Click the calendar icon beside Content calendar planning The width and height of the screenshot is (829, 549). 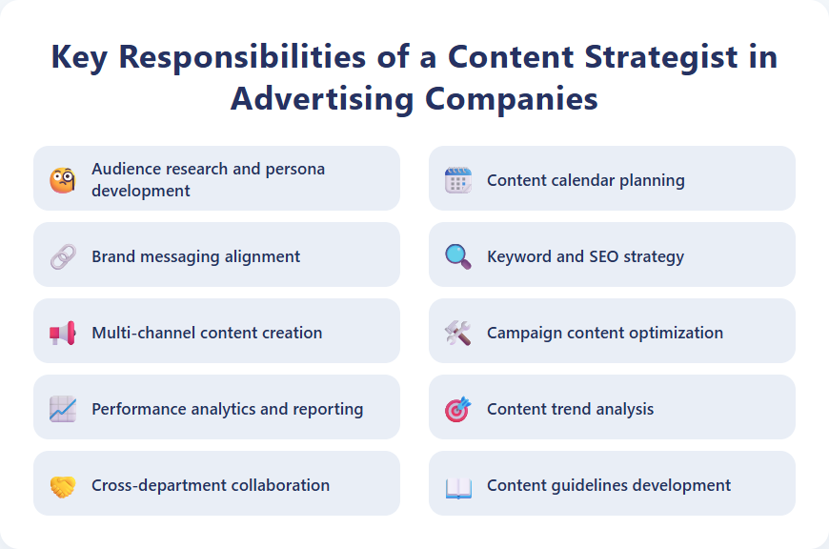point(458,180)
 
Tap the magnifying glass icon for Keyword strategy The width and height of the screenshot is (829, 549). point(458,256)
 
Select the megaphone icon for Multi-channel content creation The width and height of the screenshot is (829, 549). point(63,333)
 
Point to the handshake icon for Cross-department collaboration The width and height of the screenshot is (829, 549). point(63,485)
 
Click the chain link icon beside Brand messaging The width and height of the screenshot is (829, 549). point(63,256)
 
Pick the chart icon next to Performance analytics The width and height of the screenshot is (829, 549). point(63,409)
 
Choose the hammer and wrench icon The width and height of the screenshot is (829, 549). point(458,333)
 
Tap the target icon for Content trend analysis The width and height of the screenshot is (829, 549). point(458,409)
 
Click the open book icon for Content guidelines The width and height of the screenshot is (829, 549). point(458,486)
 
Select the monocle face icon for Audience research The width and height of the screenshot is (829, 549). point(63,179)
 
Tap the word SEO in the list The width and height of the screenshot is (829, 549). point(603,256)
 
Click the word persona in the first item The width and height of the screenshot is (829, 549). point(295,169)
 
